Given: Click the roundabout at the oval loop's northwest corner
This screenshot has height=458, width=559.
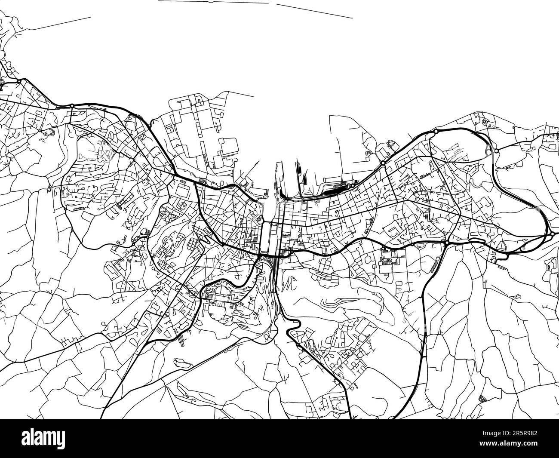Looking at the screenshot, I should click(x=436, y=131).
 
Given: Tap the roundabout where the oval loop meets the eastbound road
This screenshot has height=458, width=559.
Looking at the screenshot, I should click(x=496, y=151).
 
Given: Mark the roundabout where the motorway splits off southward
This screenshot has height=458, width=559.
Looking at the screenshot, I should click(x=447, y=243).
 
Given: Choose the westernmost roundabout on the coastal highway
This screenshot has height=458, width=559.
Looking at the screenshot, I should click(x=20, y=80).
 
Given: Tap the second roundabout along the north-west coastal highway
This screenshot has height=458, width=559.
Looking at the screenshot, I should click(x=72, y=105).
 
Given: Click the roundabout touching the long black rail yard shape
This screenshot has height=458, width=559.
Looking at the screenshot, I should click(x=353, y=186).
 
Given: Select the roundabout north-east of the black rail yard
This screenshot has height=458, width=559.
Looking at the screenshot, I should click(x=382, y=163).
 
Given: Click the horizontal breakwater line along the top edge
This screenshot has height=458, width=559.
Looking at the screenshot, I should click(x=213, y=2).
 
